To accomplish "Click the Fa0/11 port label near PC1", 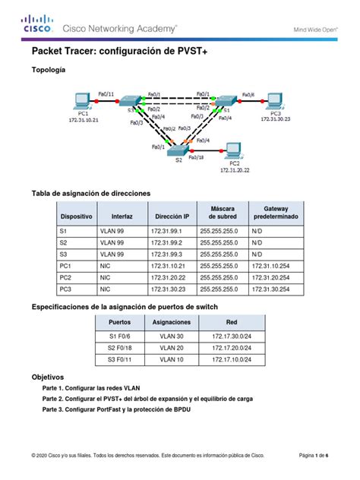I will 106,94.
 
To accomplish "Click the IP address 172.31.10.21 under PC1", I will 84,120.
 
